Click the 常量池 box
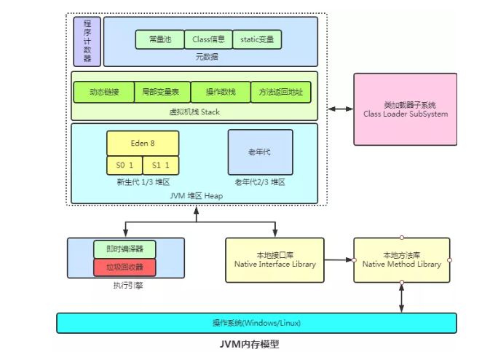pos(159,39)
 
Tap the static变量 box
pos(257,39)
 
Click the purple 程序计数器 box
pos(87,42)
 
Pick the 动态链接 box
pos(103,93)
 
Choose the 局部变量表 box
pos(162,93)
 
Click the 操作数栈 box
pos(221,93)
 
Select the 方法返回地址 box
pos(280,93)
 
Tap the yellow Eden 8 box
pos(142,144)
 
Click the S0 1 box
pos(124,165)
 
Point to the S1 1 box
pos(160,165)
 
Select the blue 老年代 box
pos(260,151)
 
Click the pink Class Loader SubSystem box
pos(406,109)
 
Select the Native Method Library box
pos(401,259)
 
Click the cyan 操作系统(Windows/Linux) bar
pos(256,323)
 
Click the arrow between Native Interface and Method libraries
pos(339,259)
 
